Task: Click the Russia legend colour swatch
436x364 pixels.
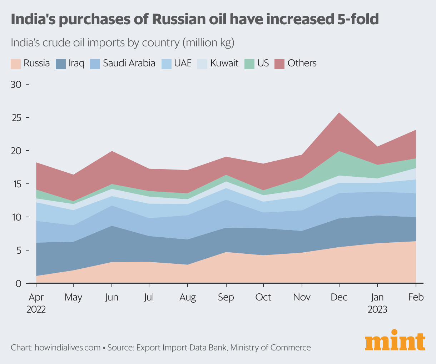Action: point(16,64)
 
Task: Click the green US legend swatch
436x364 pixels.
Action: point(249,64)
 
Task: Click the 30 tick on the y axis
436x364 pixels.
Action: point(16,85)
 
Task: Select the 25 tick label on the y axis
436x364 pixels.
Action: point(16,118)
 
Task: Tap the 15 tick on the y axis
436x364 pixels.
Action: point(16,184)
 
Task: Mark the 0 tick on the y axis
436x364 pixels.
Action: point(18,284)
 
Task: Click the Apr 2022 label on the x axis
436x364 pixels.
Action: point(36,303)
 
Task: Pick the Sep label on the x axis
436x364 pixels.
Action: point(226,297)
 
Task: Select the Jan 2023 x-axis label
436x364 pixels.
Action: point(377,303)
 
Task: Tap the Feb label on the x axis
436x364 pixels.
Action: point(416,297)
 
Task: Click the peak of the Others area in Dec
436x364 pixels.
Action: point(339,113)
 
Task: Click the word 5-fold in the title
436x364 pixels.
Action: point(358,19)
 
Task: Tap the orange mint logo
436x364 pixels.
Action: point(395,342)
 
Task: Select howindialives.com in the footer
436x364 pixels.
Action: point(68,348)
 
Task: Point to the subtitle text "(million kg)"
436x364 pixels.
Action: point(208,43)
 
